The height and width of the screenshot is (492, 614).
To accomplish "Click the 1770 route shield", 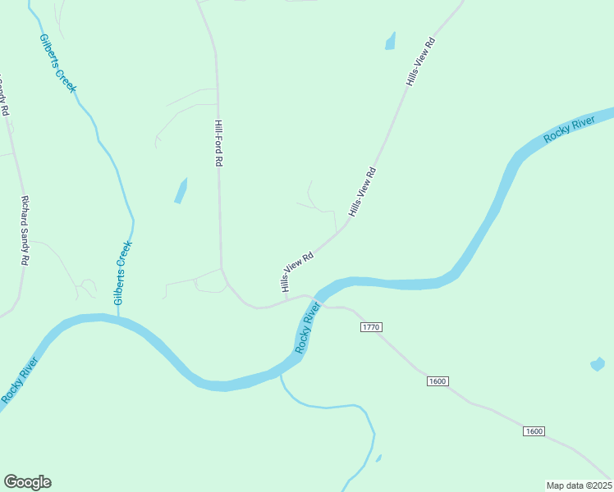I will tap(371, 327).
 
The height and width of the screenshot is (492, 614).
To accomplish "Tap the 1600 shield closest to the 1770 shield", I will tap(438, 381).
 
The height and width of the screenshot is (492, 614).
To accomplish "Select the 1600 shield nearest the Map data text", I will tap(534, 431).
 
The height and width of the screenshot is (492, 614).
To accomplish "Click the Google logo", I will tap(27, 482).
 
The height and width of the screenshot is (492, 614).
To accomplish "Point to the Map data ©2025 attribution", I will tap(579, 485).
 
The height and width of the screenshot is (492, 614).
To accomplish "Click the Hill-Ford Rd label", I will tap(218, 143).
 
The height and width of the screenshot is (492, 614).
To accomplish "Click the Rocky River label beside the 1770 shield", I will tap(307, 327).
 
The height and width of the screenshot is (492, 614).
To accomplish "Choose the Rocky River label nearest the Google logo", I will tap(20, 380).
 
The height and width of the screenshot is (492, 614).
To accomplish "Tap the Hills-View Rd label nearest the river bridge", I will tap(297, 271).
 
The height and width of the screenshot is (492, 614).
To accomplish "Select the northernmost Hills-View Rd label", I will tap(419, 61).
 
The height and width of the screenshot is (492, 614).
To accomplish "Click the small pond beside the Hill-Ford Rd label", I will tap(181, 191).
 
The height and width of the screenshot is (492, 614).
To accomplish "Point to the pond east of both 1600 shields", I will tap(598, 363).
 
